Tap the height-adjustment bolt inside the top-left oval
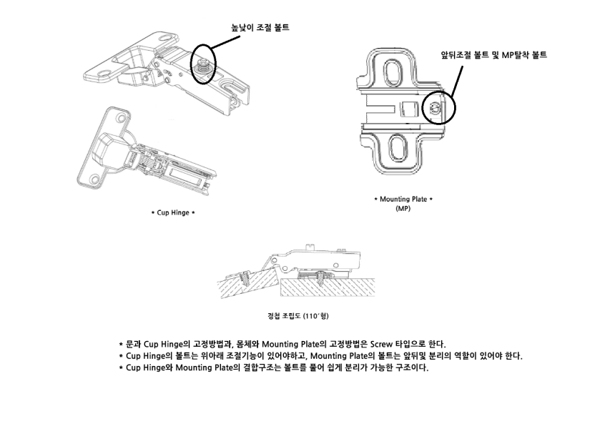202,64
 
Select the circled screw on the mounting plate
436,108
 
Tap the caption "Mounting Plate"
403,199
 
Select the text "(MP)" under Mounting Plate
403,209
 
